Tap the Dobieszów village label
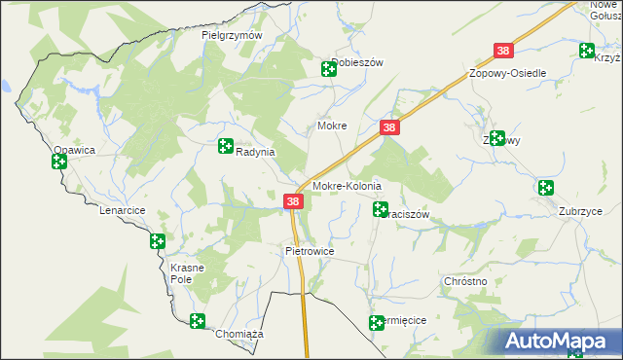pos(360,62)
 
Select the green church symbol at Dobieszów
pos(329,68)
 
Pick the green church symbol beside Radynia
pos(226,147)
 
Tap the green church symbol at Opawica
pos(59,162)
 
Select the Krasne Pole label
pos(186,272)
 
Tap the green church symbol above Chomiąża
pos(198,321)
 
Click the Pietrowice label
pos(310,251)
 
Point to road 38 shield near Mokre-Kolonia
pos(294,201)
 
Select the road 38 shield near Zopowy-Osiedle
pos(503,51)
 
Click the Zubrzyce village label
pos(580,211)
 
